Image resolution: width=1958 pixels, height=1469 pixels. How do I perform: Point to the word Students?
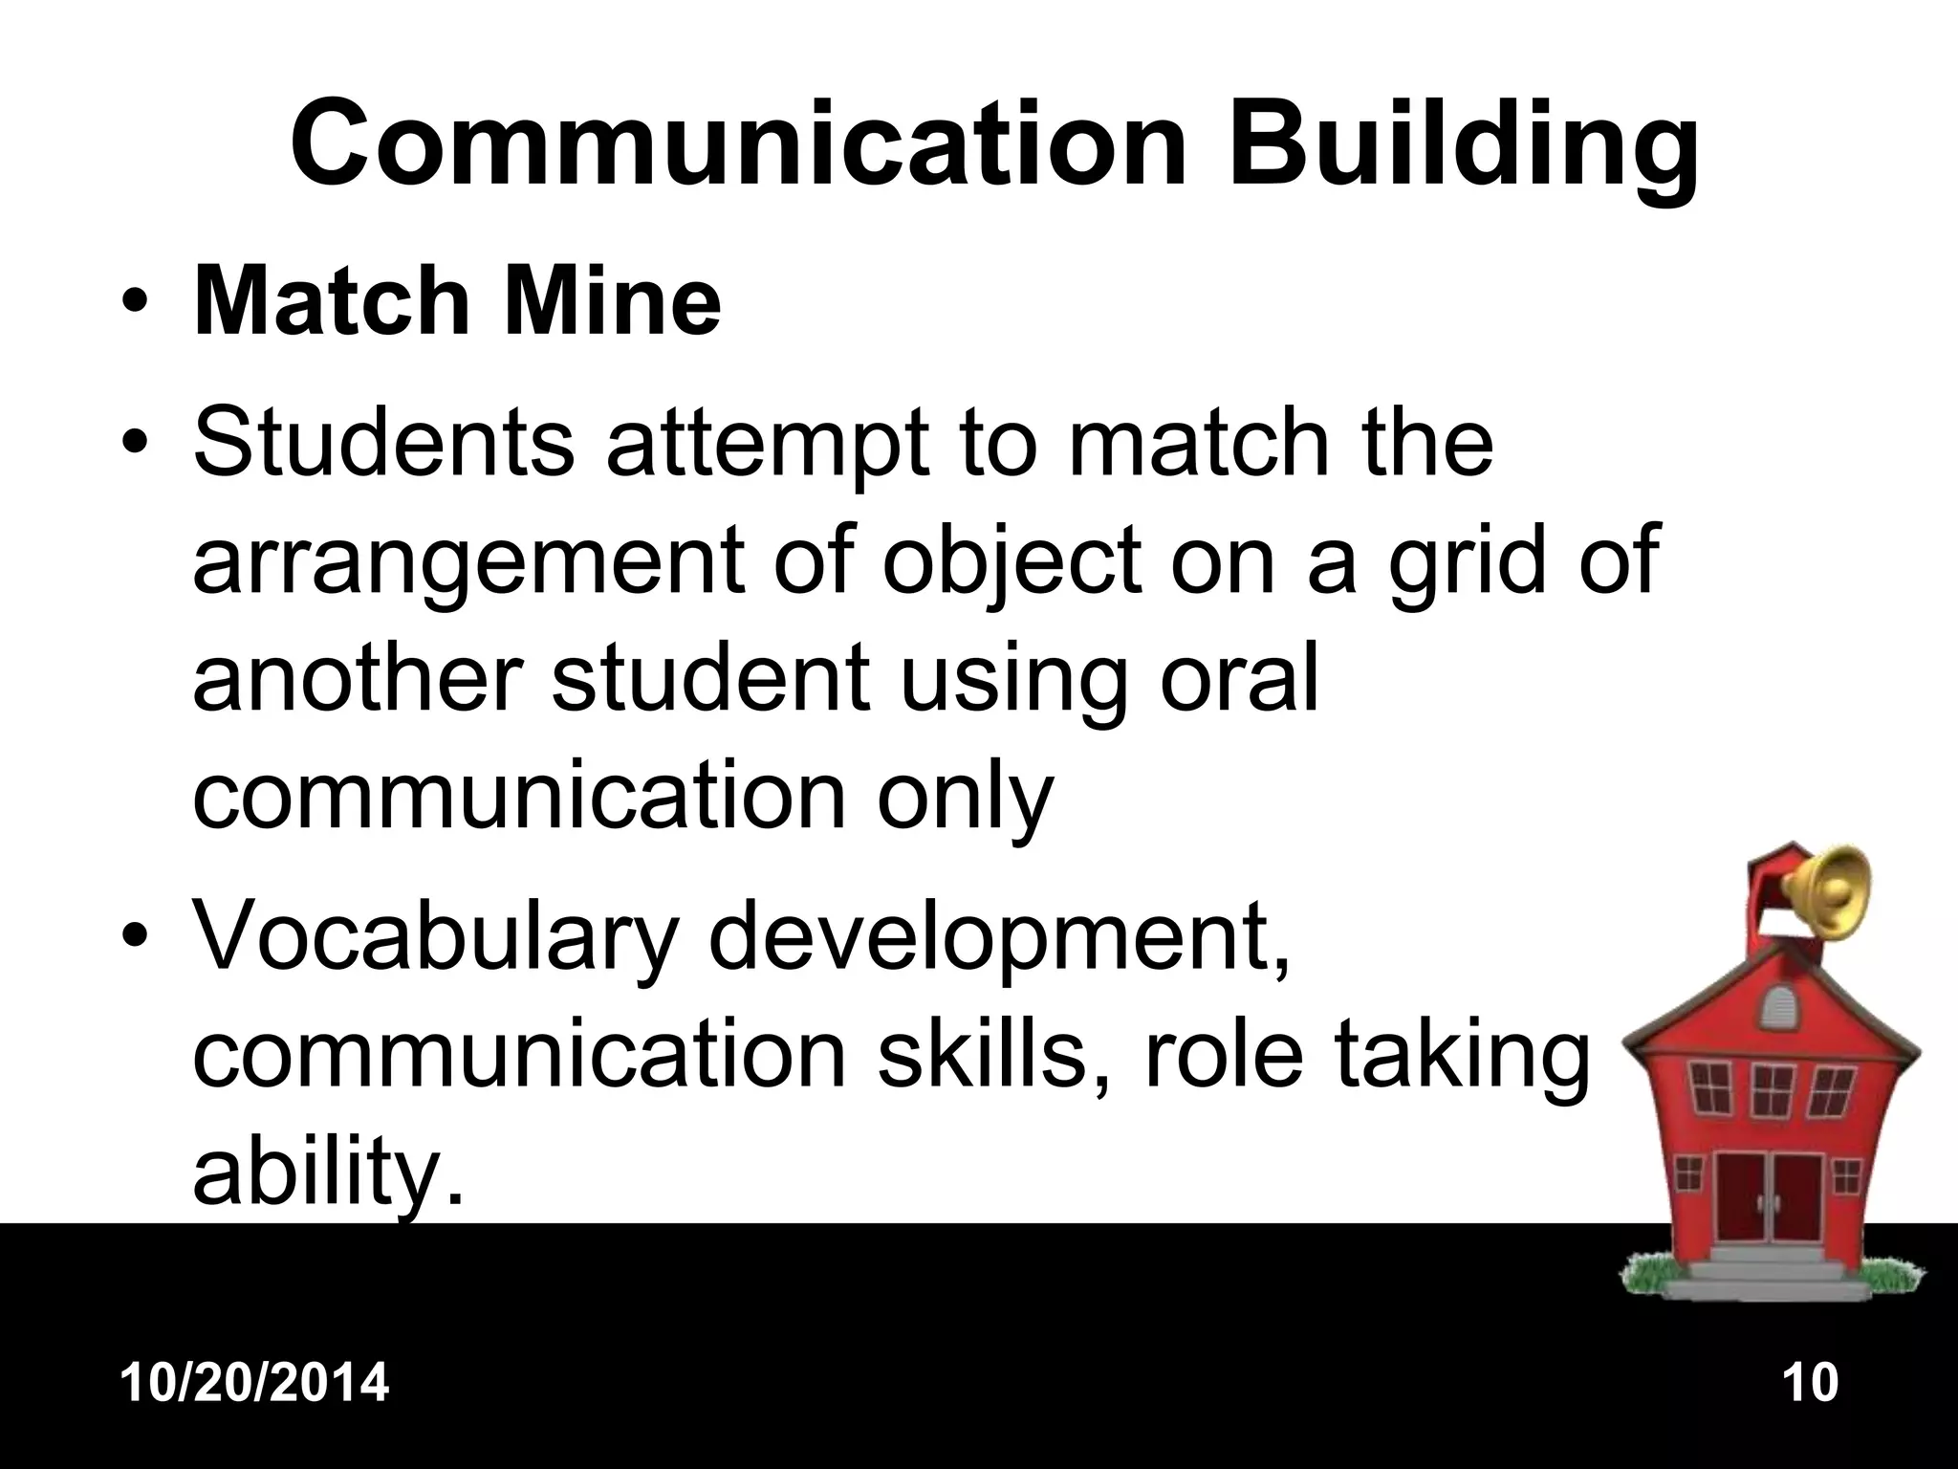[x=383, y=442]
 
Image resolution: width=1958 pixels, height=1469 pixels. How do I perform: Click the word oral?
[x=1239, y=677]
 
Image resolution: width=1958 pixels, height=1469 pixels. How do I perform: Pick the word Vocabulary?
[x=436, y=942]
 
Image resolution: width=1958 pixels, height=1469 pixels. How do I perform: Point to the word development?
[x=998, y=942]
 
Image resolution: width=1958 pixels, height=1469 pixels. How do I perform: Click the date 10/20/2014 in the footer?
[x=255, y=1383]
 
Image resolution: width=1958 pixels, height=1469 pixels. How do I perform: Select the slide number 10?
[x=1810, y=1383]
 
